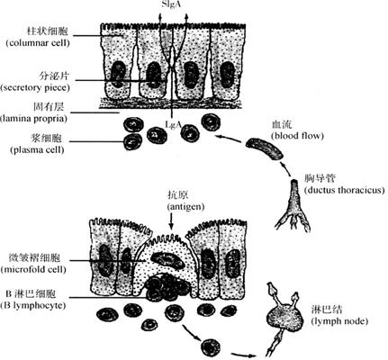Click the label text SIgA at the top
pyautogui.click(x=171, y=4)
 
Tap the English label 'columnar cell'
pyautogui.click(x=38, y=43)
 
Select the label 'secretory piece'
pyautogui.click(x=35, y=88)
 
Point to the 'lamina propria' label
pyautogui.click(x=33, y=119)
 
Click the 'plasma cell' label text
pyautogui.click(x=37, y=149)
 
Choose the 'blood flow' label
pyautogui.click(x=297, y=136)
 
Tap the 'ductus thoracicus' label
pyautogui.click(x=344, y=190)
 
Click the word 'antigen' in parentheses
pyautogui.click(x=185, y=207)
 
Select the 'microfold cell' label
pyautogui.click(x=33, y=269)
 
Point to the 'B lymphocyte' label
pyautogui.click(x=33, y=306)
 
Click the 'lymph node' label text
pyautogui.click(x=339, y=321)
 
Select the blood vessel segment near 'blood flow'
pyautogui.click(x=264, y=148)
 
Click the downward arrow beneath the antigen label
pyautogui.click(x=171, y=221)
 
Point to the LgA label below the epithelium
pyautogui.click(x=173, y=124)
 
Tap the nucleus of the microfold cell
pyautogui.click(x=167, y=260)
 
